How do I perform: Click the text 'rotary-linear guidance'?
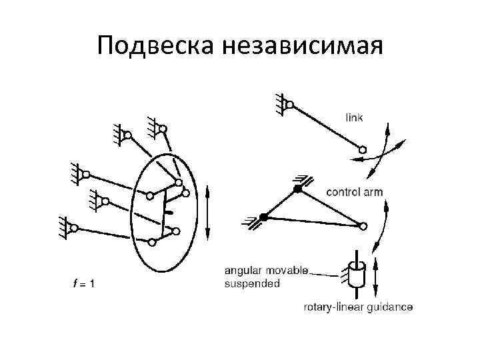(358, 307)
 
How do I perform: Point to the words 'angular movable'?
(267, 271)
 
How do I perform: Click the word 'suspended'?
(253, 283)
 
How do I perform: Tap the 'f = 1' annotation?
(83, 283)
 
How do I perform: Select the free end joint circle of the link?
(363, 149)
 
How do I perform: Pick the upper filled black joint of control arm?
(297, 189)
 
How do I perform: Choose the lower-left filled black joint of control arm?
(264, 217)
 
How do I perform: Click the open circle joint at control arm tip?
(363, 227)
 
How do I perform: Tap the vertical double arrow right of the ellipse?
(208, 213)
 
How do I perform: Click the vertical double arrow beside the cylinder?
(375, 278)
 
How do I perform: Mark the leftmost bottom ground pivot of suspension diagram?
(74, 227)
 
